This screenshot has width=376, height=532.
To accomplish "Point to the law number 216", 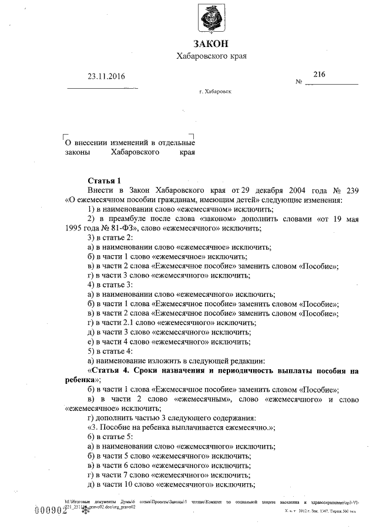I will [319, 74].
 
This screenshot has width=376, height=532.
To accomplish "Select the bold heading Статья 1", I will [104, 180].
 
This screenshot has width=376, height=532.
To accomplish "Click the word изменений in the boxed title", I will [121, 142].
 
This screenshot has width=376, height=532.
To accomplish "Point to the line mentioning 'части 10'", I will [170, 484].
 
